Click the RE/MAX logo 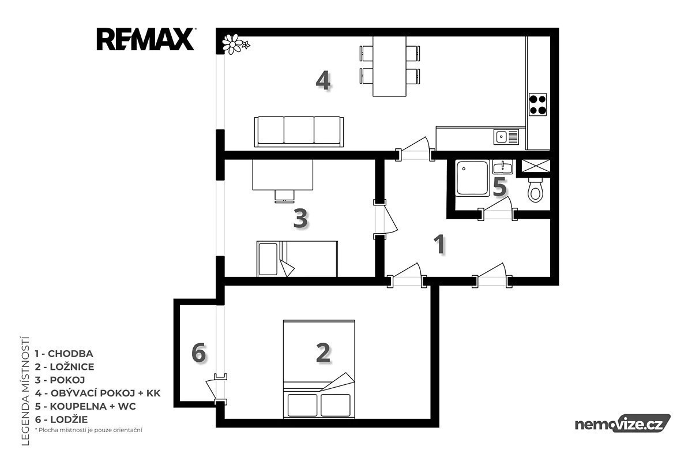click(x=145, y=39)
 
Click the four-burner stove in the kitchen click(x=537, y=104)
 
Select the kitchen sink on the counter click(x=506, y=137)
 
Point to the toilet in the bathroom click(x=535, y=189)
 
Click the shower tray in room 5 click(x=473, y=178)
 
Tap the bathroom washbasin click(x=503, y=167)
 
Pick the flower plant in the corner click(x=235, y=44)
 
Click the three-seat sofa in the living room click(x=299, y=132)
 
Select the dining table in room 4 click(x=389, y=66)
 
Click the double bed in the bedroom click(x=319, y=369)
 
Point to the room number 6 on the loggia click(x=198, y=353)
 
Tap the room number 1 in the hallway click(x=439, y=244)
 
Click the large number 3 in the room click(x=300, y=218)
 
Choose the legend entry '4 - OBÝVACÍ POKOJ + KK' click(x=97, y=393)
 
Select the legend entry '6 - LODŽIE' click(x=62, y=419)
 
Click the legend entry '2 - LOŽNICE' click(x=65, y=367)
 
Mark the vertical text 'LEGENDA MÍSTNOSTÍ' click(x=25, y=391)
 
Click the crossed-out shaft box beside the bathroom click(x=536, y=166)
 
